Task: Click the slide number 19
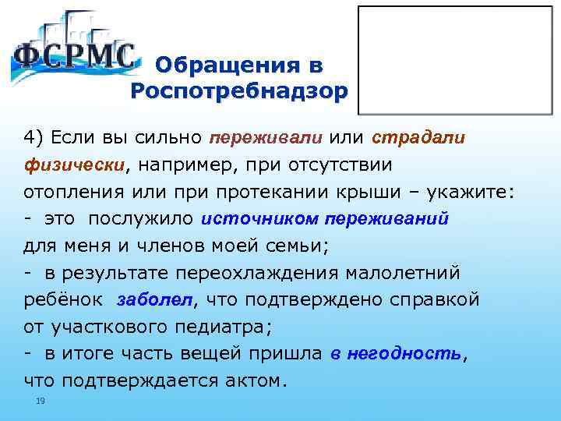tap(41, 401)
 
